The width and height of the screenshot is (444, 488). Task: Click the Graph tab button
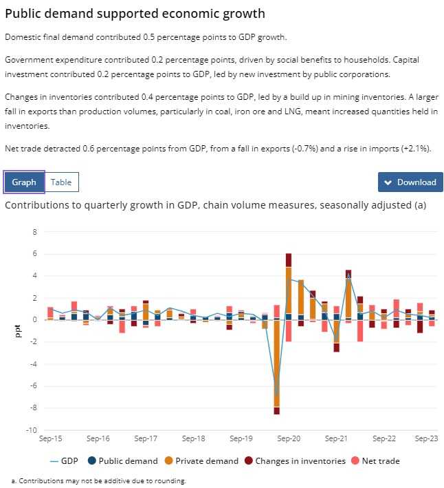(24, 182)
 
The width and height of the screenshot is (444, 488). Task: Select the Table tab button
(61, 182)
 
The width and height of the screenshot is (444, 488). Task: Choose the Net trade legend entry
(376, 461)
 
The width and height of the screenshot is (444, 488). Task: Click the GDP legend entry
(65, 461)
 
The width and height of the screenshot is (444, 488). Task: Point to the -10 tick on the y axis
(32, 430)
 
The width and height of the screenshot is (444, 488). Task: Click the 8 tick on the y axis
(35, 232)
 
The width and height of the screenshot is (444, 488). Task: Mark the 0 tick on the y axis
(35, 320)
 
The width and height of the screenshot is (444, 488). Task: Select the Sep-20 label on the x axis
(288, 438)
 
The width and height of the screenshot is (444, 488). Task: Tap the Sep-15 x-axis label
(50, 438)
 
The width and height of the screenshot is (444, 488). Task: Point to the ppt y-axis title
(18, 331)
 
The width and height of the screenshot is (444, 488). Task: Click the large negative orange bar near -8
(276, 372)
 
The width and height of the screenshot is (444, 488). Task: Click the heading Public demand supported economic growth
(135, 14)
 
